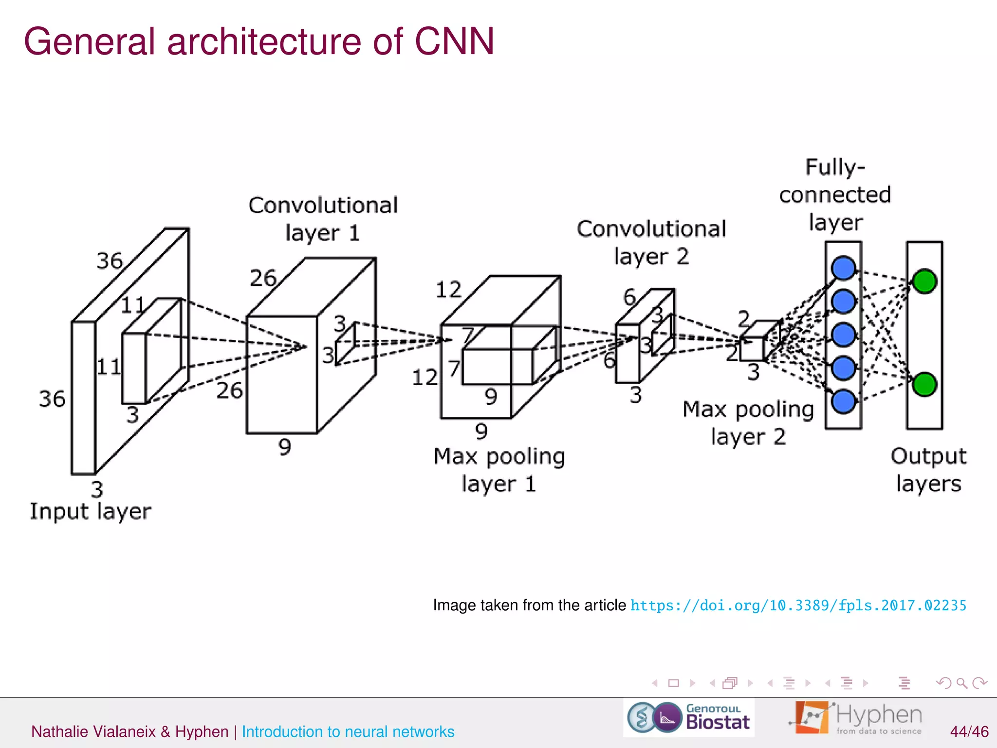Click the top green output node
[x=924, y=281]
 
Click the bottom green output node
[x=924, y=384]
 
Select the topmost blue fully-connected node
[x=843, y=268]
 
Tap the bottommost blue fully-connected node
[x=843, y=401]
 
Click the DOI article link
[x=798, y=605]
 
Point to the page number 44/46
[x=969, y=731]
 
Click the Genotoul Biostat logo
[x=688, y=717]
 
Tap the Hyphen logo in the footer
[x=857, y=717]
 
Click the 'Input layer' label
[x=91, y=511]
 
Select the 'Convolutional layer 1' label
[x=323, y=219]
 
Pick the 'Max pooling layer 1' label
[x=499, y=470]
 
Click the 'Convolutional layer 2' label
[x=651, y=242]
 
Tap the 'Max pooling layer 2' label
[x=748, y=423]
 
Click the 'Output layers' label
[x=928, y=470]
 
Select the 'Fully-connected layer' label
[x=835, y=195]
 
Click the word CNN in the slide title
[x=454, y=41]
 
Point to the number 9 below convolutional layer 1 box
[x=285, y=447]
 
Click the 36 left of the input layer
[x=52, y=399]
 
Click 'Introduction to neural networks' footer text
[x=348, y=731]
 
